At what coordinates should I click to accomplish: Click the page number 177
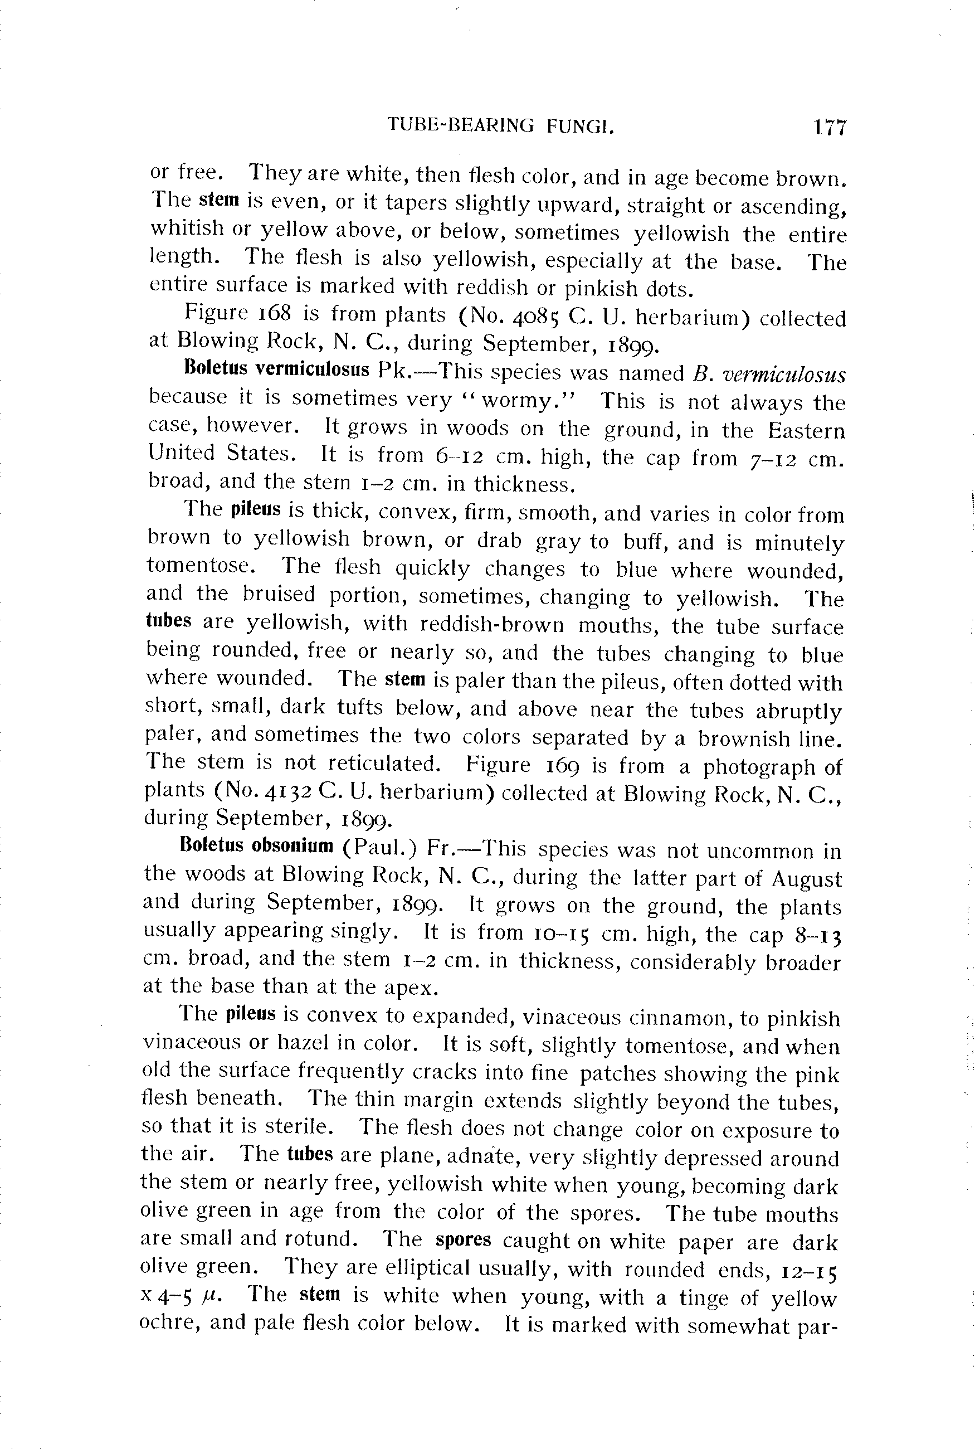[x=830, y=128]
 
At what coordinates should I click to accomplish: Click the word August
[x=807, y=879]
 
